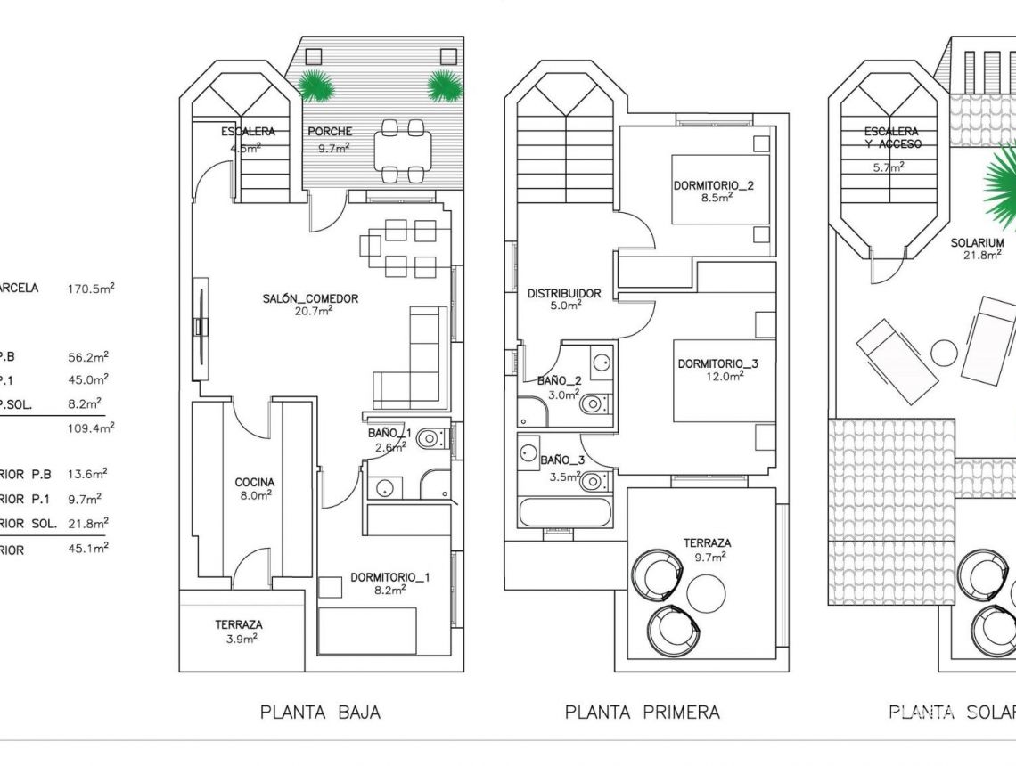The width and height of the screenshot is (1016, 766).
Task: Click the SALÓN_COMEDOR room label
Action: tap(309, 298)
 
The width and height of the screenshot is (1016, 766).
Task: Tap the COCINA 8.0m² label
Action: tap(254, 482)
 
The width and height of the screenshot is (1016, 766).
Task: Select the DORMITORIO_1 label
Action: tap(389, 577)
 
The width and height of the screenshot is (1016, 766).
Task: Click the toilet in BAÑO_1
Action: tap(430, 438)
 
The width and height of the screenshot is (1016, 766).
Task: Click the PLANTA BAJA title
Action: tap(320, 712)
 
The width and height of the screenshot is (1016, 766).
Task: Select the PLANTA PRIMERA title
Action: tap(642, 712)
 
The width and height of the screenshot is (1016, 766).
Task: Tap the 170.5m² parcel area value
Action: tap(91, 289)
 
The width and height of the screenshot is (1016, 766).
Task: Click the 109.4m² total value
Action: tap(91, 428)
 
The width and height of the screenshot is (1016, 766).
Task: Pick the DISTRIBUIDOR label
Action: tap(564, 293)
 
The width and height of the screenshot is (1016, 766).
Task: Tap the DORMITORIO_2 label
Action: tap(714, 186)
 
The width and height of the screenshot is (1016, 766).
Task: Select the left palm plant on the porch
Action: tap(315, 86)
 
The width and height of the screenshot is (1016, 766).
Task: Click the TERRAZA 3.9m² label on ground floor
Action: tap(239, 625)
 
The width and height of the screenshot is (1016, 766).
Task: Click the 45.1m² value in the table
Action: tap(88, 549)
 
